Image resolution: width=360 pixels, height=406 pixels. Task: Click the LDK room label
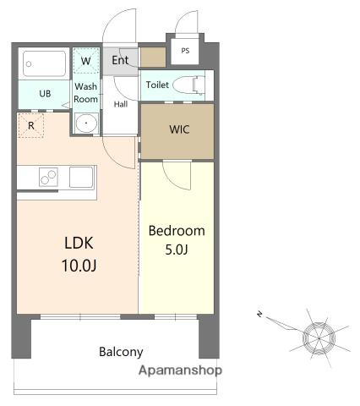79,243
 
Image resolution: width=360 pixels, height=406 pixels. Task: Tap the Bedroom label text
177,231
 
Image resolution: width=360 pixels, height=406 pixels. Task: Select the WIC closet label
179,129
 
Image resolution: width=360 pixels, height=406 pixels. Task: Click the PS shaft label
185,51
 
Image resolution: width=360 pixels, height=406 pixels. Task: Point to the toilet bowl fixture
189,85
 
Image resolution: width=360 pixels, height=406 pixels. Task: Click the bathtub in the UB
45,63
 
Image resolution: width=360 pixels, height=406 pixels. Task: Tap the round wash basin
86,123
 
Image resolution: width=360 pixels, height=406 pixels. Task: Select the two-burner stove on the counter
48,177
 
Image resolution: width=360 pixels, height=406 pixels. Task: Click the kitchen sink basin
81,177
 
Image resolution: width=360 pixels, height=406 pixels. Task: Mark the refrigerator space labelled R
31,125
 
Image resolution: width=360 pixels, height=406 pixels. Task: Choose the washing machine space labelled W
86,61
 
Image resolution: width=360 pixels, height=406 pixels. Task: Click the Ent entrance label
120,60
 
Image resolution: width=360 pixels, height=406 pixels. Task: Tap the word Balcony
121,352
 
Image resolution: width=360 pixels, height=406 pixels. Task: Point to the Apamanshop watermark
180,370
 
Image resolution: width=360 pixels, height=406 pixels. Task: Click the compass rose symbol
319,337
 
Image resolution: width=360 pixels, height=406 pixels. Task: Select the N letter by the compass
259,314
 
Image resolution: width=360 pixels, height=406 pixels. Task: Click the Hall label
121,104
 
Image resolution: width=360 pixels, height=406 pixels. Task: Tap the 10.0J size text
79,266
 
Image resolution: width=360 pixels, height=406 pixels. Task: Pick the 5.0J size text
177,250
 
